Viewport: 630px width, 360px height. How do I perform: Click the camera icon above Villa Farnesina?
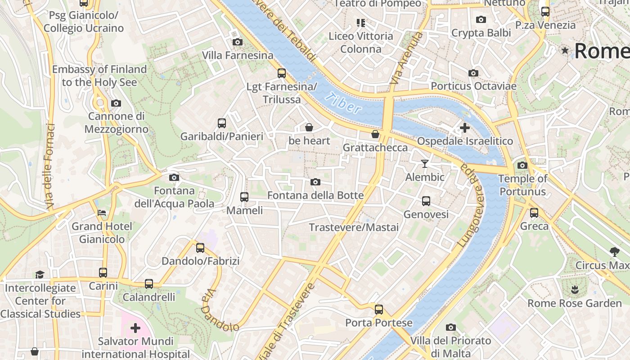pyautogui.click(x=237, y=42)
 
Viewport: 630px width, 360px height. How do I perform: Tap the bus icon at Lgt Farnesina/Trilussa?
pyautogui.click(x=282, y=73)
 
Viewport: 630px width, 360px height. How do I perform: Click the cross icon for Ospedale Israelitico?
pyautogui.click(x=465, y=128)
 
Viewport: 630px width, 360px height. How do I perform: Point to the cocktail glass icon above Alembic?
pyautogui.click(x=424, y=164)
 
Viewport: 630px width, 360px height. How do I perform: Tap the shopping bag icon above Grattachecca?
pyautogui.click(x=375, y=134)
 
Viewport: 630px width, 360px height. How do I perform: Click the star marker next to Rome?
pyautogui.click(x=565, y=50)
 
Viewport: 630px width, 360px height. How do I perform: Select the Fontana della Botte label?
pyautogui.click(x=315, y=195)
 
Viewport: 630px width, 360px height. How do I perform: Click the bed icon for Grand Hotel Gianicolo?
pyautogui.click(x=102, y=212)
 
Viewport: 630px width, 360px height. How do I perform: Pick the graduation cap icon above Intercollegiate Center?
pyautogui.click(x=40, y=274)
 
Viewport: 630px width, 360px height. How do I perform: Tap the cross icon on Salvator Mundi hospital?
pyautogui.click(x=135, y=328)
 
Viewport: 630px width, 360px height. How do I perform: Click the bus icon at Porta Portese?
pyautogui.click(x=379, y=310)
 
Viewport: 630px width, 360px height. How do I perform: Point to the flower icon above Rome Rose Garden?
pyautogui.click(x=574, y=289)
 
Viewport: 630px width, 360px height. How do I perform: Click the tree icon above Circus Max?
pyautogui.click(x=614, y=252)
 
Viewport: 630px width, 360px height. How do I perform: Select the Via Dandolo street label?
pyautogui.click(x=219, y=310)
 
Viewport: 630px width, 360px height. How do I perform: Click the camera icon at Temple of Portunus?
pyautogui.click(x=522, y=166)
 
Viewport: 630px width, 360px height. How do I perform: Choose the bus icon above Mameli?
pyautogui.click(x=244, y=197)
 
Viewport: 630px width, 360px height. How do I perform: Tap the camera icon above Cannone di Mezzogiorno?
pyautogui.click(x=116, y=103)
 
